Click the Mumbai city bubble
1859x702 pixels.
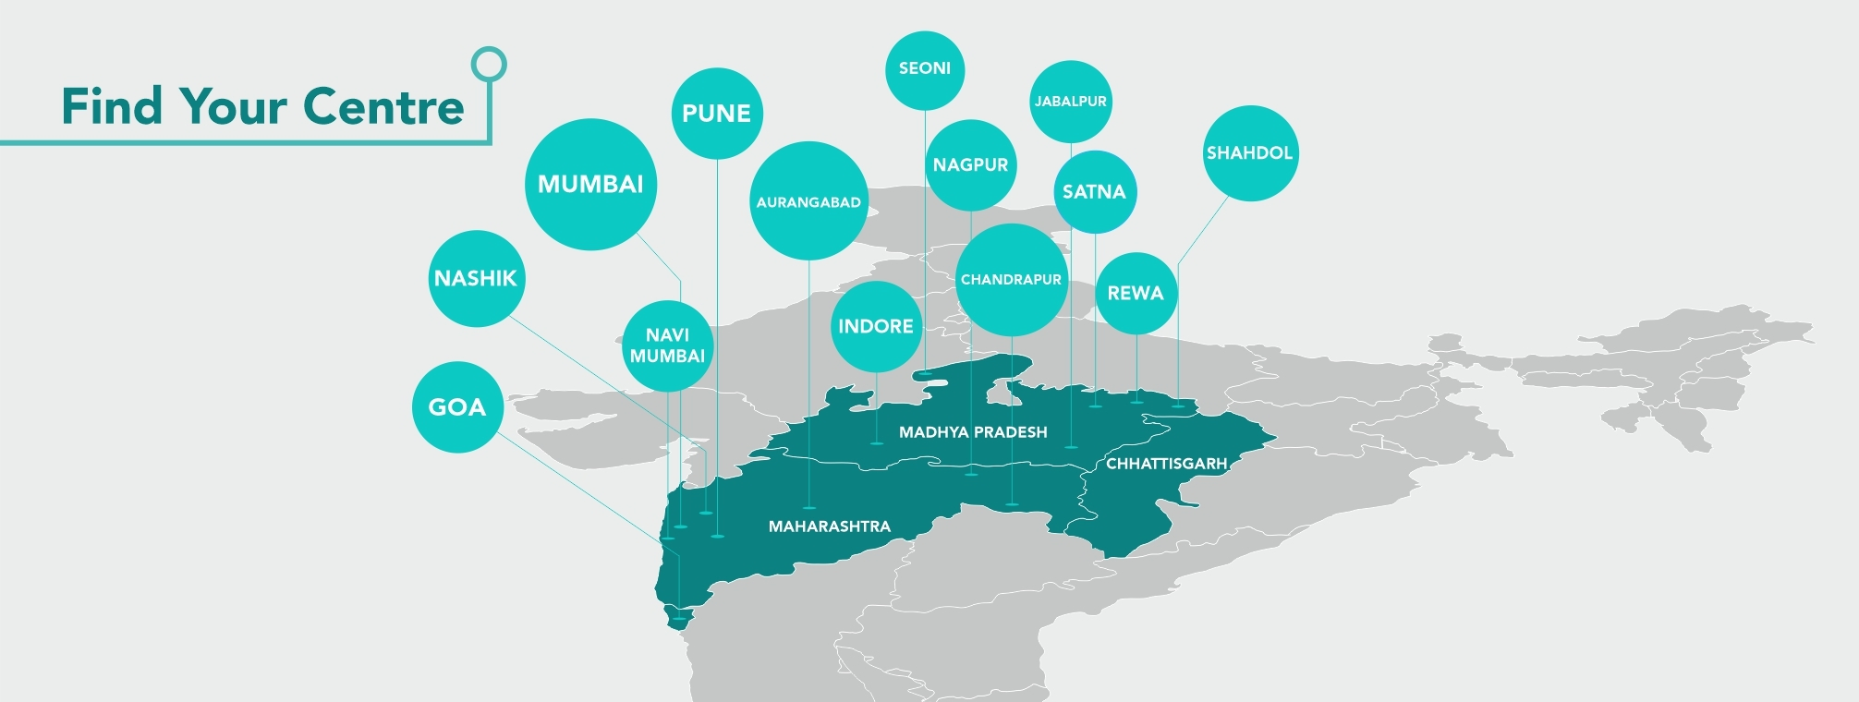click(590, 184)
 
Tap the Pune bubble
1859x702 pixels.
click(716, 113)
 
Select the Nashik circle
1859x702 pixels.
click(476, 278)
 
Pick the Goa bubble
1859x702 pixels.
click(457, 406)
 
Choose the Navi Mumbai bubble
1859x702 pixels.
click(667, 345)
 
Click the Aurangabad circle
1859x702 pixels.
click(808, 201)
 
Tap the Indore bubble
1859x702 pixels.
click(875, 326)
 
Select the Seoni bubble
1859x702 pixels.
click(924, 68)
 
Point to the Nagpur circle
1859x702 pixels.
click(970, 164)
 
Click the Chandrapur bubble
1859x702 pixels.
click(1011, 279)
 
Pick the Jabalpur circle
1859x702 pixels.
click(1070, 101)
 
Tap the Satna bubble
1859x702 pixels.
click(1094, 191)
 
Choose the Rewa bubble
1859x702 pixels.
click(1136, 293)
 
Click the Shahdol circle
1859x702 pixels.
click(1249, 152)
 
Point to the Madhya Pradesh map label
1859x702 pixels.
click(973, 431)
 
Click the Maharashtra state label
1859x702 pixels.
click(830, 526)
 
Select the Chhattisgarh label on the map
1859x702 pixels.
click(1166, 463)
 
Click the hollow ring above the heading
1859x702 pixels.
click(489, 65)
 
